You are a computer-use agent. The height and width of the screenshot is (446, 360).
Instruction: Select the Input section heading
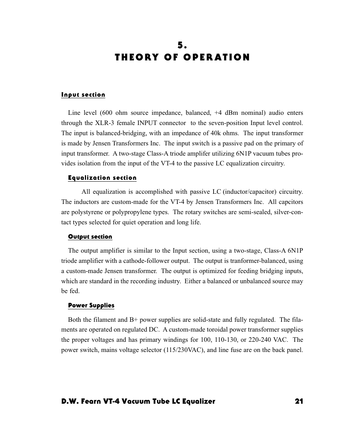(83, 95)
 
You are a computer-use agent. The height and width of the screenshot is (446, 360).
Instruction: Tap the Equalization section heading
(102, 178)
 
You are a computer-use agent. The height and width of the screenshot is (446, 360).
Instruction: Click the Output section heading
(90, 237)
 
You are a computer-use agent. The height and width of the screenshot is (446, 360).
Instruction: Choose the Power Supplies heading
(91, 306)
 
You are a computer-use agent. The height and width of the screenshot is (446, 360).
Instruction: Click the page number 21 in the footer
(299, 401)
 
